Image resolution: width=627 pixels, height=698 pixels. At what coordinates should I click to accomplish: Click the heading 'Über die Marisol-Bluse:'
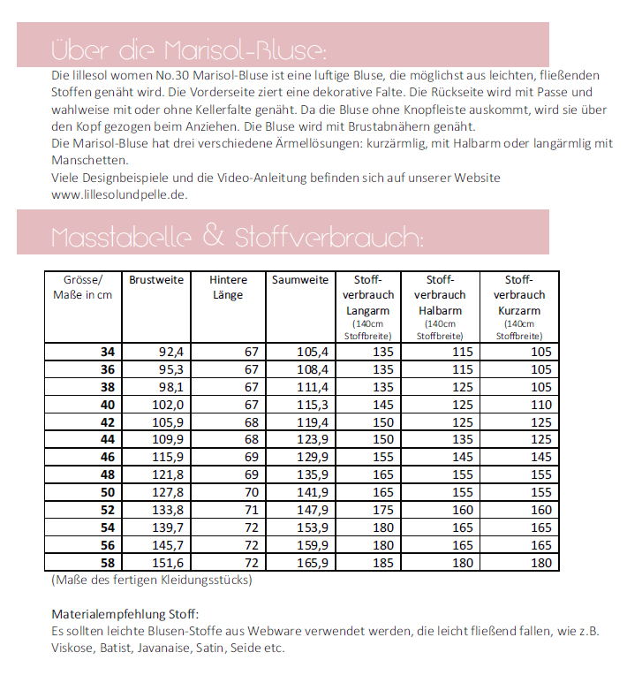(x=189, y=46)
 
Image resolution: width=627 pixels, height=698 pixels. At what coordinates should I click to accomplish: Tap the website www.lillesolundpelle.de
(x=119, y=194)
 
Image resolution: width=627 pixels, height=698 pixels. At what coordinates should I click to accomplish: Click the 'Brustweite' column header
(x=156, y=279)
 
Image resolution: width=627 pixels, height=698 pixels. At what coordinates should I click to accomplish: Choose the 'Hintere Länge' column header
(x=228, y=287)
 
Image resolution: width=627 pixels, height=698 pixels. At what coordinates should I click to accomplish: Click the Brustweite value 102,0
(x=168, y=404)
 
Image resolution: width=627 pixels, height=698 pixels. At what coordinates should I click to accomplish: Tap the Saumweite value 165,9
(x=312, y=563)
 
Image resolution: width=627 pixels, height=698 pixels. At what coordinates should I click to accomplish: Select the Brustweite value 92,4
(x=170, y=351)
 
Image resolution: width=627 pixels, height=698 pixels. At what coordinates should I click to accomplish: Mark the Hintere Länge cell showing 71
(x=251, y=510)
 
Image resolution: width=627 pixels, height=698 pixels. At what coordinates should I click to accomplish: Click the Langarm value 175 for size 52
(x=383, y=510)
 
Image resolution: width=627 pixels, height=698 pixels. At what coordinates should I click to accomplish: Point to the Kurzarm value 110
(x=540, y=404)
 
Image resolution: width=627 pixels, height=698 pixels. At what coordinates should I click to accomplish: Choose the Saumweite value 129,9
(x=312, y=457)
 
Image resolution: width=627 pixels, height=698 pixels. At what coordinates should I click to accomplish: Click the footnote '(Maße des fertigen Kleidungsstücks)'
(x=151, y=580)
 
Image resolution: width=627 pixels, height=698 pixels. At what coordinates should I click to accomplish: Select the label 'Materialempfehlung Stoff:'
(x=125, y=614)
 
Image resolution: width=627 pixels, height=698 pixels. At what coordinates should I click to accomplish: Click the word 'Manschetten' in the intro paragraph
(x=89, y=161)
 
